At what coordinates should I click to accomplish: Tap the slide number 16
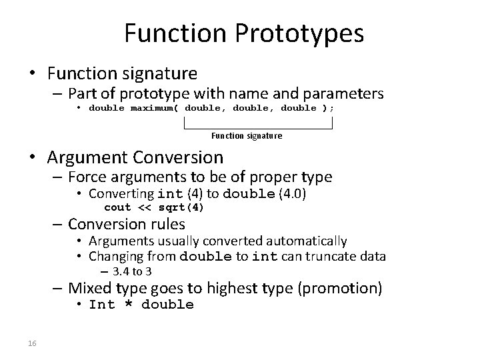tap(32, 343)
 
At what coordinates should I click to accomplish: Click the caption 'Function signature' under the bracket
tap(247, 136)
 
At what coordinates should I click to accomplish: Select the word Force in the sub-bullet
tap(87, 177)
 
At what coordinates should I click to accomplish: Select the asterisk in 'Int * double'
tap(128, 305)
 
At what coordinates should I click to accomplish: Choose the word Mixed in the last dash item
tap(89, 288)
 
